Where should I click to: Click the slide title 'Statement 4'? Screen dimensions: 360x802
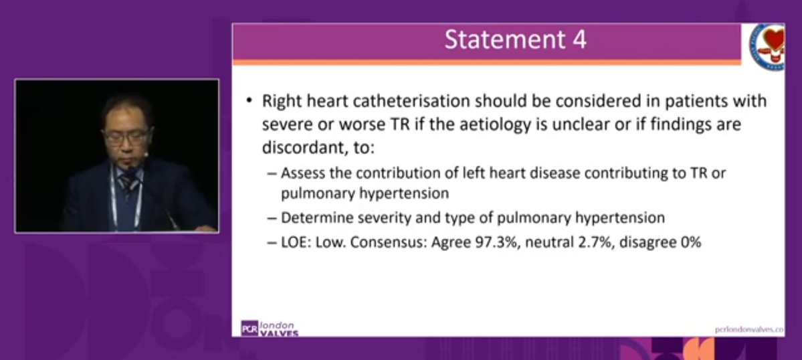[516, 40]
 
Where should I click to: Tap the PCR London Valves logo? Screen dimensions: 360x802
[269, 328]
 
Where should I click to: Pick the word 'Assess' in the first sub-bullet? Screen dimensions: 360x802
[300, 172]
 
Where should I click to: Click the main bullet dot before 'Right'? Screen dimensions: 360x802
[249, 102]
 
